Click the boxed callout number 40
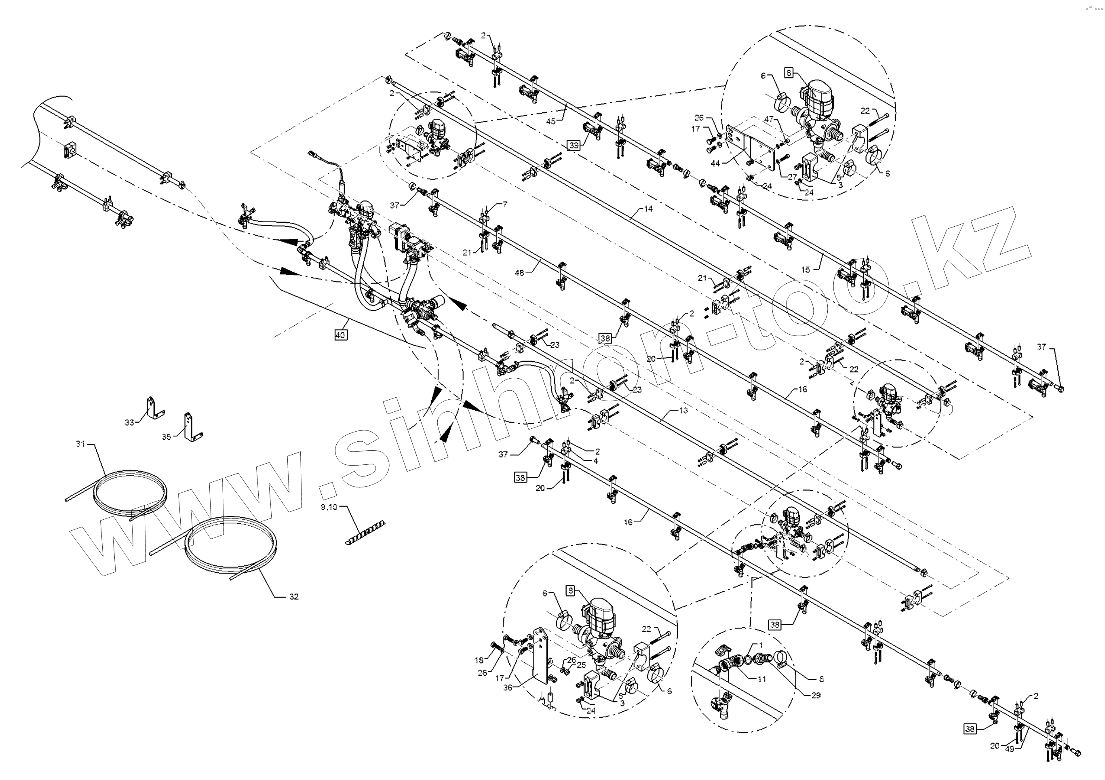pos(340,335)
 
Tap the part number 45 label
pos(551,121)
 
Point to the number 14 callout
pos(648,209)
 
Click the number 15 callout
pos(806,270)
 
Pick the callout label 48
pos(519,273)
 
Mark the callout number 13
pos(683,411)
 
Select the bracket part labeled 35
pos(192,428)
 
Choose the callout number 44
pos(715,164)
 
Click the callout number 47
pos(769,119)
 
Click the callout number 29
pos(816,695)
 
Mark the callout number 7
pos(505,204)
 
